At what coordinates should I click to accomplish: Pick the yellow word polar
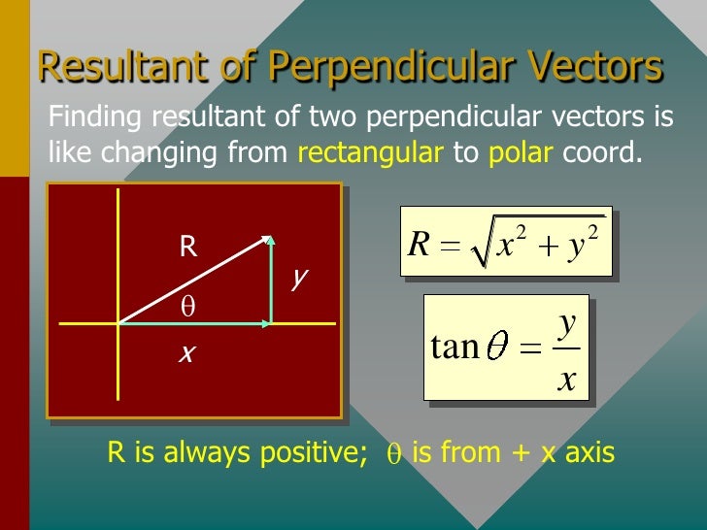[521, 152]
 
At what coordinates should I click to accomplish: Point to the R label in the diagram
[187, 247]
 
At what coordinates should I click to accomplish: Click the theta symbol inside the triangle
[188, 307]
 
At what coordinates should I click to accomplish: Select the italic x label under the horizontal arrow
[186, 353]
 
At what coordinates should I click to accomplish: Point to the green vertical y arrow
[271, 282]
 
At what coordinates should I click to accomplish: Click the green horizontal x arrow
[194, 323]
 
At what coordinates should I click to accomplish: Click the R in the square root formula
[419, 245]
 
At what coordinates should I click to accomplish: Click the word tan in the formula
[454, 347]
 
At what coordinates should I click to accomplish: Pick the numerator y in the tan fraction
[567, 321]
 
